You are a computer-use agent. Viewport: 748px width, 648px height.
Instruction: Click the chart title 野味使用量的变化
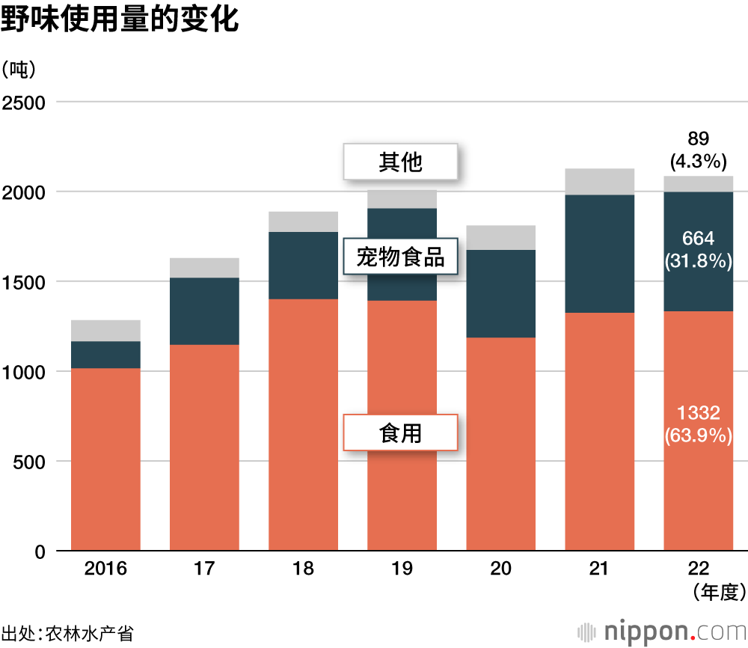[x=120, y=20]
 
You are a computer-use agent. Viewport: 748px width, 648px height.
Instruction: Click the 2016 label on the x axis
[x=105, y=569]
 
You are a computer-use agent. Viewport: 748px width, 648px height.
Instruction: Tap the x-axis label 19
[x=402, y=569]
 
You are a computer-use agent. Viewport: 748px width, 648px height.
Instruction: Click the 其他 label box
[x=400, y=162]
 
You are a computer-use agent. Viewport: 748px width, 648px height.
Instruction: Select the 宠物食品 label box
[x=400, y=257]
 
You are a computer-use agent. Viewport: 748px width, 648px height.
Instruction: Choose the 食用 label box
[x=400, y=432]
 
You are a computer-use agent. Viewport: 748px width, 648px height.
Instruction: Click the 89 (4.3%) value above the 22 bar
[x=698, y=149]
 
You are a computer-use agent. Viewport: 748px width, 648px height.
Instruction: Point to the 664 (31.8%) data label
[x=698, y=249]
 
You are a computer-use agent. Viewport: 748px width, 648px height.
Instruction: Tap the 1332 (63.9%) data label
[x=698, y=424]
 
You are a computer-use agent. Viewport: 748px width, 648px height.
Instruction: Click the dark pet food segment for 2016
[x=105, y=355]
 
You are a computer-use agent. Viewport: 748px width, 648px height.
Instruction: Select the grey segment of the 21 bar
[x=599, y=182]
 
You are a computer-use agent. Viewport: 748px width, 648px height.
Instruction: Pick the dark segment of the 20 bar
[x=500, y=293]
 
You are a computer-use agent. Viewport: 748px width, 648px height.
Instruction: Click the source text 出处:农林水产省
[x=67, y=632]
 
